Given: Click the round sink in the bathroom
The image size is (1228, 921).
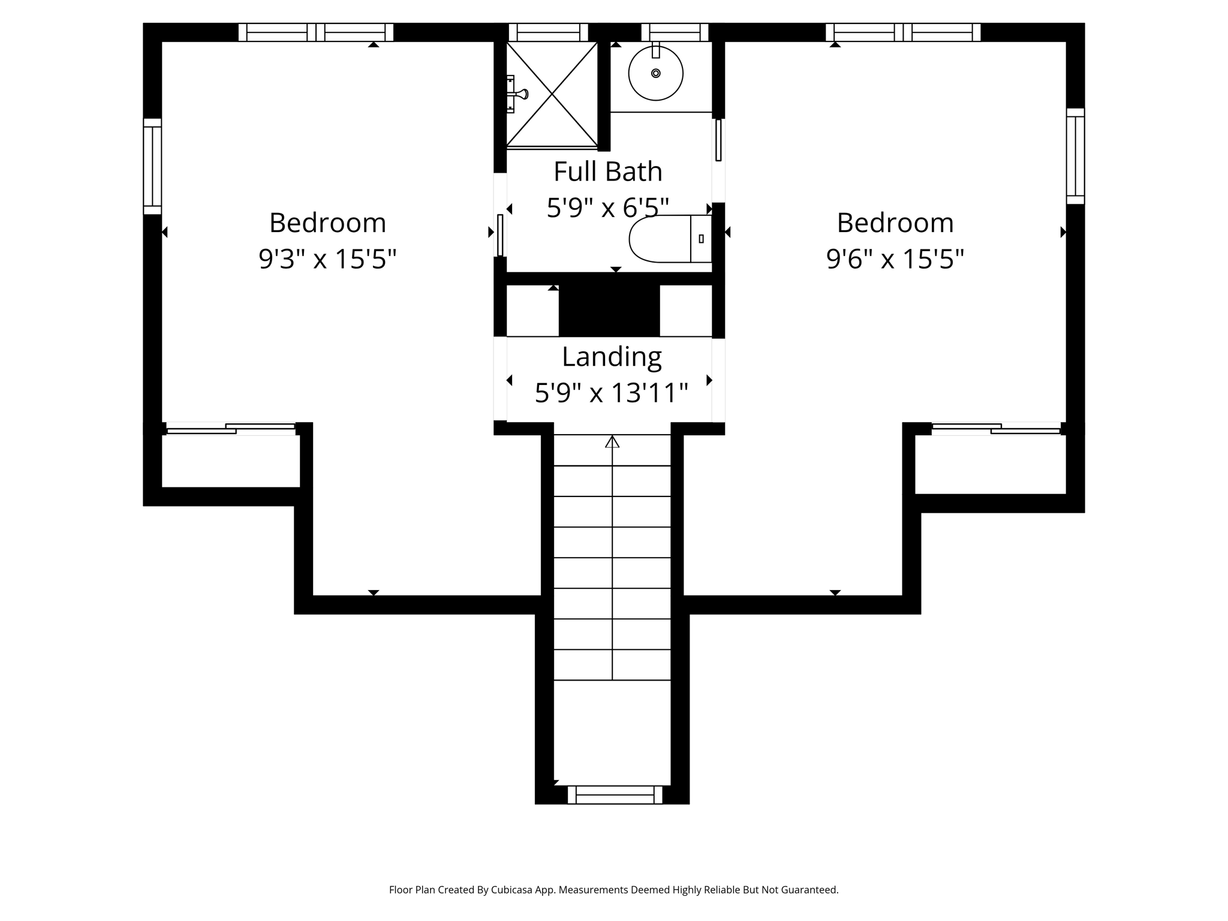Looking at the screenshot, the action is coord(655,73).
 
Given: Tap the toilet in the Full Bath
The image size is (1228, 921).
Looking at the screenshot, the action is coord(670,239).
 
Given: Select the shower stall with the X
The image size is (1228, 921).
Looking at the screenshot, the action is coord(552,94).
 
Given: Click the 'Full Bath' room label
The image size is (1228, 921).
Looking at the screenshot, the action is coord(608,171).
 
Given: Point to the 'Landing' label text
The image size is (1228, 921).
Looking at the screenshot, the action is coord(612,357).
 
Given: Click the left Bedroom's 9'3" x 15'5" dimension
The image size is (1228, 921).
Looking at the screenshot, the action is coord(327,260).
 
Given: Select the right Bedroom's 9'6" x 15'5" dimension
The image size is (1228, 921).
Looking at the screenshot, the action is coord(895,260).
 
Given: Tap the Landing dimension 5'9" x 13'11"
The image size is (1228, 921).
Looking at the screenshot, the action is coord(612,393).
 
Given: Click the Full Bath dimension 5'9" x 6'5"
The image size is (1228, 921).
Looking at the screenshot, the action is coord(608,208).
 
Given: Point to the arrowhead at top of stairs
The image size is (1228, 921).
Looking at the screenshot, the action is coord(612,442).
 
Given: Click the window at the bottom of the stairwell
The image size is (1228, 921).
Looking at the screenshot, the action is coord(615,794).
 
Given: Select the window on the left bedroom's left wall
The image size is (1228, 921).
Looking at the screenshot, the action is coord(152,166).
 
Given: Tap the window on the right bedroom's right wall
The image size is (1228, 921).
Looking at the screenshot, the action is coord(1075,156).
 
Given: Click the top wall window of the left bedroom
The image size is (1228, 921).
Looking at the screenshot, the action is coord(316,32).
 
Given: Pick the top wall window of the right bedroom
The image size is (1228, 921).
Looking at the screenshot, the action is coord(903,32).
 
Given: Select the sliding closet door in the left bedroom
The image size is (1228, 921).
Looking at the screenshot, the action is coord(231,428).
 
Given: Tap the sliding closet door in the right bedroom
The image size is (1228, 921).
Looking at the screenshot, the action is coord(996,428).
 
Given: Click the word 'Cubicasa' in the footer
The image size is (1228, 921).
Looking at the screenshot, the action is coord(513,890).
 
